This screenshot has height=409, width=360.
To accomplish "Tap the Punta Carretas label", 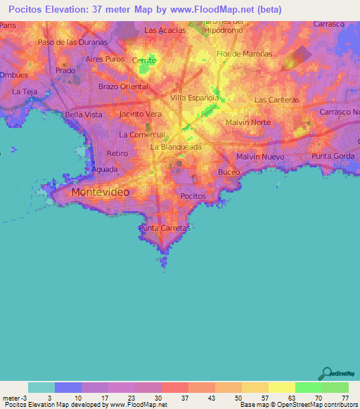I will coord(165,228).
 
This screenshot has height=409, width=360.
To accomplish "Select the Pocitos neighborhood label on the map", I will coord(193,196).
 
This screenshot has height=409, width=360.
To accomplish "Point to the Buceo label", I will coord(229,172).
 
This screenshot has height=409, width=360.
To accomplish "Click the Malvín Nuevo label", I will coord(259,156).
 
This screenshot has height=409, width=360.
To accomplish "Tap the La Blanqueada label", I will coord(176,147).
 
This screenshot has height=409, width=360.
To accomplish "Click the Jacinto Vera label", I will coord(141,114).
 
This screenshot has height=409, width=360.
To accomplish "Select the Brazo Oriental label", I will coord(123,86).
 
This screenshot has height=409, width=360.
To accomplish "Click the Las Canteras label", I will coord(276,100).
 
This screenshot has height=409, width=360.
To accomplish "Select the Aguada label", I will coord(104,169).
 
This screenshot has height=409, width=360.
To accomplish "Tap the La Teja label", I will coord(25,92).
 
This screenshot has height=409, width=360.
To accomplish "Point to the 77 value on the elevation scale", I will coord(345,398).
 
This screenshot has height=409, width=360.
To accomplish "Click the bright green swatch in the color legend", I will coord(308,387).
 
